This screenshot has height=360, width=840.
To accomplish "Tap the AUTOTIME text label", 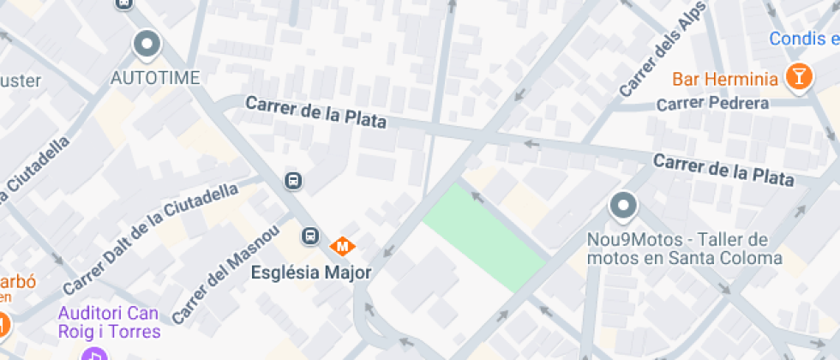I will (155, 78).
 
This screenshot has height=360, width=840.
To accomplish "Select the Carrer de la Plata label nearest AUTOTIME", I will (315, 112).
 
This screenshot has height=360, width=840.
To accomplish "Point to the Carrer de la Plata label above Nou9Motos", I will (723, 169).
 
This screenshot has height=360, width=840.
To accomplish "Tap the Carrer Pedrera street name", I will (711, 104).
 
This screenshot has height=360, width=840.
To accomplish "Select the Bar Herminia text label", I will (724, 80).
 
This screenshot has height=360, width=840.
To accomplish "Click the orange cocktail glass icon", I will (798, 76).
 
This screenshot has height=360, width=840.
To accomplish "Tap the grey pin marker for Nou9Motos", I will (623, 207).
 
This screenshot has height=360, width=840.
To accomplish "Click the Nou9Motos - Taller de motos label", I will (685, 249).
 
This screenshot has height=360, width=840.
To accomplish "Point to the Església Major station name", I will (310, 273).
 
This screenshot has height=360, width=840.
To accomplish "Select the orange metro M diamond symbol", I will (343, 246).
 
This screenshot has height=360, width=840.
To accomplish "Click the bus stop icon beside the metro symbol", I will (309, 236).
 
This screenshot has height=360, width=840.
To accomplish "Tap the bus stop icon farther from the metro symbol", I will (293, 180).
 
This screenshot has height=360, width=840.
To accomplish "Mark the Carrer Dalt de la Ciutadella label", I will (150, 237).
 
